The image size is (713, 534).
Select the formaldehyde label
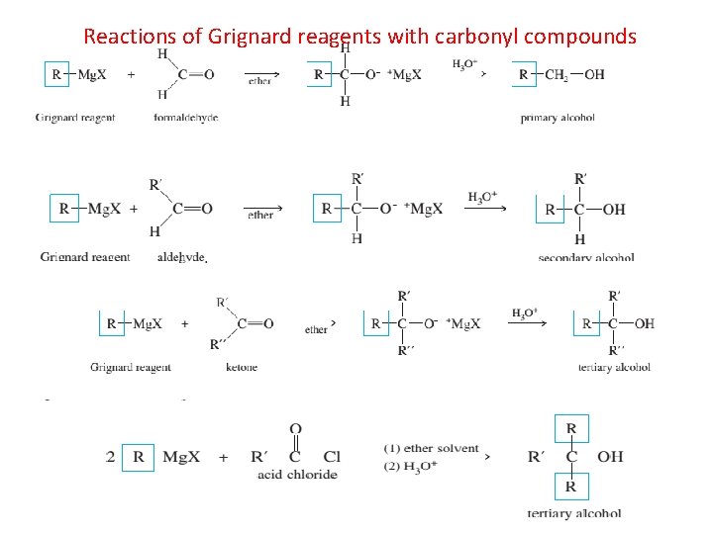186,118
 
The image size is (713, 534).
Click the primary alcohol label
558,118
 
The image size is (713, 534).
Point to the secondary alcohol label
586,258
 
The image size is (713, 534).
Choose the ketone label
242,367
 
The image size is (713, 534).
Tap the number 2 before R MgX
111,457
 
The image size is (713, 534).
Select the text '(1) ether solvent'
431,449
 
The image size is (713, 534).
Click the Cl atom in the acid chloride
332,457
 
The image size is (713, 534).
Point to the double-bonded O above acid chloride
295,429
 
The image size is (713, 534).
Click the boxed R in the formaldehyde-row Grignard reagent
56,74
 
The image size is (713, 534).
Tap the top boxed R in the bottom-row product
571,428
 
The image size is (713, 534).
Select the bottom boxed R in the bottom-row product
571,487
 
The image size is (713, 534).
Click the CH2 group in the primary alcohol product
557,74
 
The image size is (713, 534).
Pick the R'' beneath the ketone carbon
216,345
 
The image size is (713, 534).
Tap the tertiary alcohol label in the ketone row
614,367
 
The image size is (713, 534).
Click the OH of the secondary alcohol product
614,210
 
